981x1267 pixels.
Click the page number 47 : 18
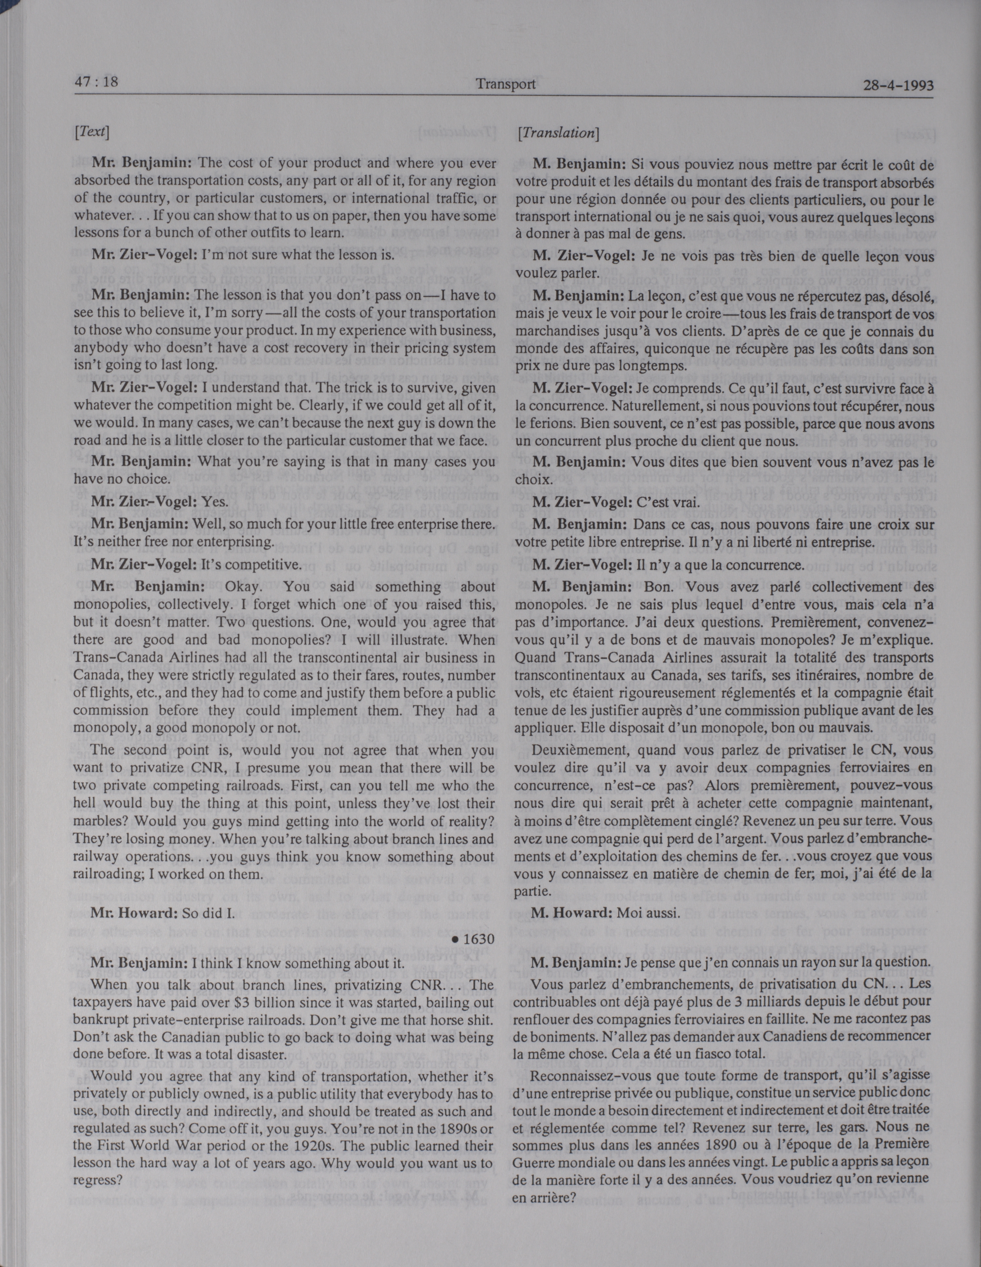click(x=96, y=82)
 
